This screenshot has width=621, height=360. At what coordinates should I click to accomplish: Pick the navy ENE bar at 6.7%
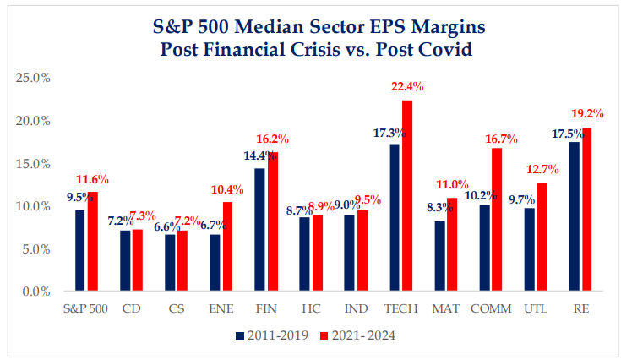215,263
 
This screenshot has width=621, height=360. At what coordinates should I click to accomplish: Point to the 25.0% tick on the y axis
34,78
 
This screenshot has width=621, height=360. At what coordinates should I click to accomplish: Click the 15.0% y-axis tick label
34,163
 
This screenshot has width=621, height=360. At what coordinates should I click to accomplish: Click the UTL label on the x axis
535,308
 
